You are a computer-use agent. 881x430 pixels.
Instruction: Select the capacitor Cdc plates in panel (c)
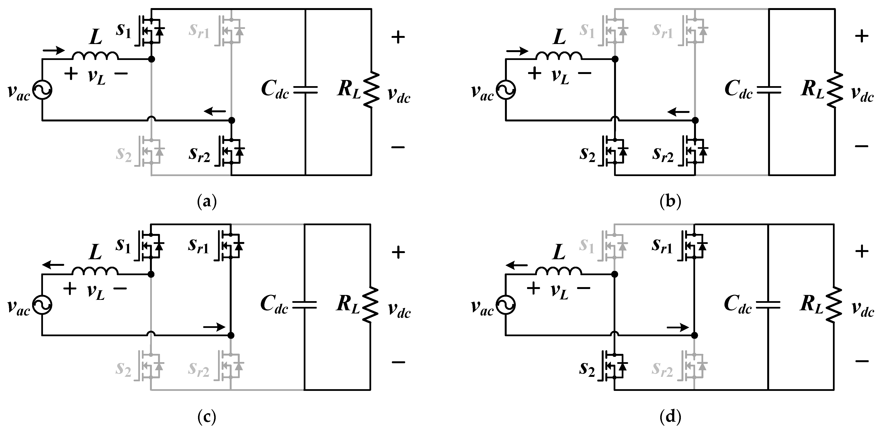point(304,305)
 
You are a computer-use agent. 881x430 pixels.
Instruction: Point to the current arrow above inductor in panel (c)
point(53,265)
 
